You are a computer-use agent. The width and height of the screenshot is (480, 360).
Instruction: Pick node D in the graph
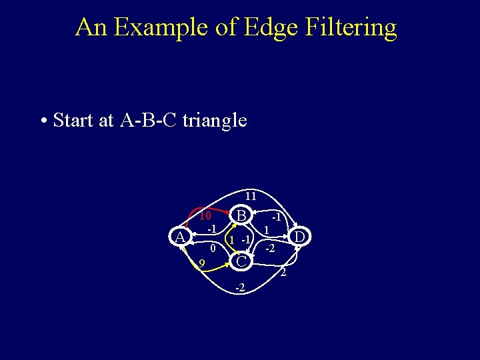[300, 237]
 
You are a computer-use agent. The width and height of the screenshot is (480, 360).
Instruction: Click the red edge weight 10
[205, 216]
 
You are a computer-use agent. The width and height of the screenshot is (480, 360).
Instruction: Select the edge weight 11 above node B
[250, 197]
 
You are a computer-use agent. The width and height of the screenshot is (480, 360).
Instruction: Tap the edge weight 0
[211, 248]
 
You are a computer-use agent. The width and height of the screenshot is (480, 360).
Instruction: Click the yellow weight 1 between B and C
[231, 239]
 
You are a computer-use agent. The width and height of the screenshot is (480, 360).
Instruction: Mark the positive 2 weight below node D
[283, 273]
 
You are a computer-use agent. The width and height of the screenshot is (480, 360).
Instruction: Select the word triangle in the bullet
[214, 121]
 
